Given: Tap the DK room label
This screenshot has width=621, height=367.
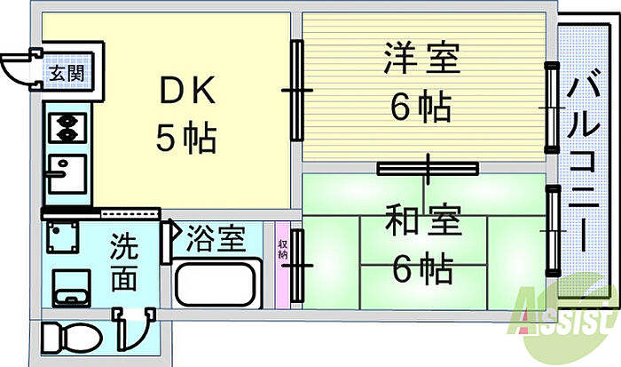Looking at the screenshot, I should (x=186, y=92).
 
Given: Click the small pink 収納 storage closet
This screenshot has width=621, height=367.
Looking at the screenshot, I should (x=282, y=261).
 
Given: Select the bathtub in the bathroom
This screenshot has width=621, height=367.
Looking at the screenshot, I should (x=216, y=283).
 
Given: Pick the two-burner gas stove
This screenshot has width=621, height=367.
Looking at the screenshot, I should (x=66, y=128).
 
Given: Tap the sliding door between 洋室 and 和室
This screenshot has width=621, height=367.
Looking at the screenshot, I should (x=427, y=167).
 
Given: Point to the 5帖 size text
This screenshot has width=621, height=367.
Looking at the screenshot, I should (x=186, y=138).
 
